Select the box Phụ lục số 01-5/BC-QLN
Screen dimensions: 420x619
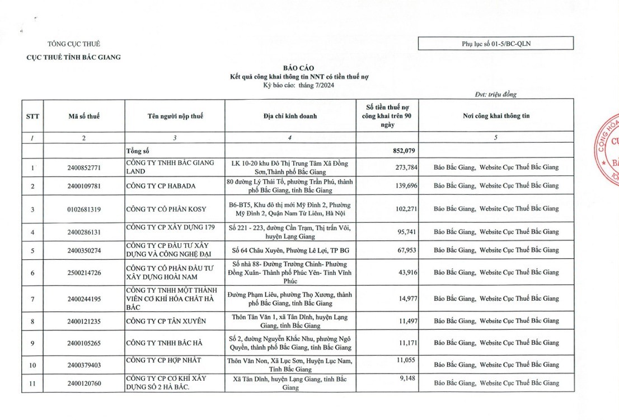[495, 43]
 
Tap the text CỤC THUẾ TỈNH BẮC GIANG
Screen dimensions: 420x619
[74, 57]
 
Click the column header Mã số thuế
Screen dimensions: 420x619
[84, 116]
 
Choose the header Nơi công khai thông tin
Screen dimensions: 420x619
[496, 116]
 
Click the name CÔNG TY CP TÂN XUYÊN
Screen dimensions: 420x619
[166, 321]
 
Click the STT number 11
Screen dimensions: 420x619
[32, 383]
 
